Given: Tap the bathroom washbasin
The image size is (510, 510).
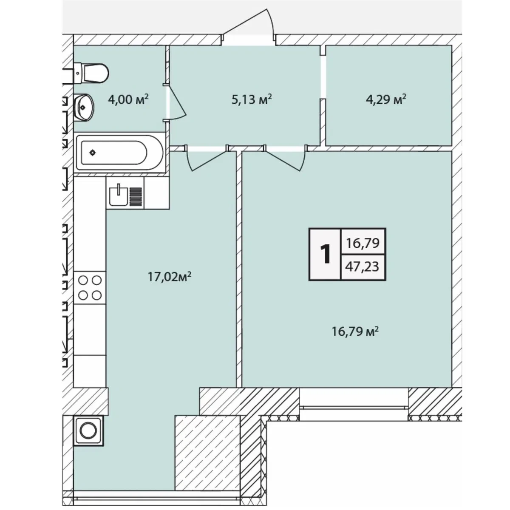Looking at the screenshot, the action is pyautogui.click(x=83, y=108).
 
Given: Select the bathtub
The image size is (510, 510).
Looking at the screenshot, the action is pyautogui.click(x=119, y=153).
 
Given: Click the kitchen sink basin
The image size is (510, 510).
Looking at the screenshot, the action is pyautogui.click(x=118, y=195).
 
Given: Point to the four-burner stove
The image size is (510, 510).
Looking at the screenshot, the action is pyautogui.click(x=90, y=287).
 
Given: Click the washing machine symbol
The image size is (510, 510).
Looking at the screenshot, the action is pyautogui.click(x=88, y=431).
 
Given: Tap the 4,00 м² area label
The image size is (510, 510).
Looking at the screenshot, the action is pyautogui.click(x=128, y=100).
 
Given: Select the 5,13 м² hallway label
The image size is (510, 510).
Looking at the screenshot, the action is pyautogui.click(x=252, y=100).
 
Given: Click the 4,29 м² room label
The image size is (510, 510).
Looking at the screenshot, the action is pyautogui.click(x=386, y=100).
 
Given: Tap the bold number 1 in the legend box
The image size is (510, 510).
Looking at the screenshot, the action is pyautogui.click(x=325, y=254).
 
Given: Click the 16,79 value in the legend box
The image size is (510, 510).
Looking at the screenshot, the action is pyautogui.click(x=363, y=243).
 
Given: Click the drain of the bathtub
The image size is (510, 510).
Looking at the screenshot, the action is pyautogui.click(x=92, y=153).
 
